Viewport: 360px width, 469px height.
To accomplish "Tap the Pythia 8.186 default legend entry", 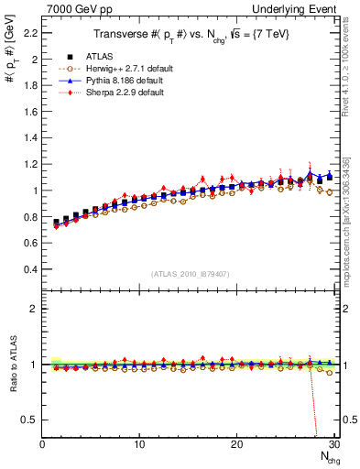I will tap(113, 81).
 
